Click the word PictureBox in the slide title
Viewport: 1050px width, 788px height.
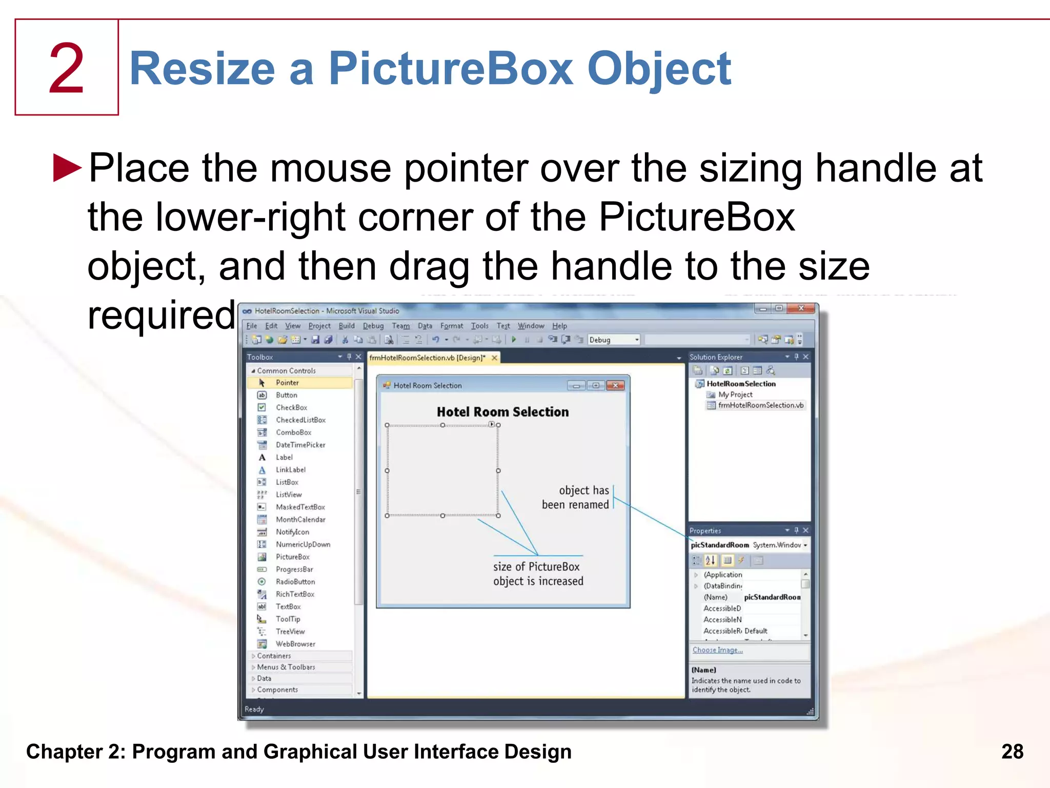pyautogui.click(x=451, y=69)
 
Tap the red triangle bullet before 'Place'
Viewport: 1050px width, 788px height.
pyautogui.click(x=67, y=168)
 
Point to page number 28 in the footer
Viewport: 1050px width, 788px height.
pyautogui.click(x=1012, y=752)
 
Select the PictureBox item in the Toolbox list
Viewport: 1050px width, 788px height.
pyautogui.click(x=292, y=557)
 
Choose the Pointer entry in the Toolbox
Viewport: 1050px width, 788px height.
pyautogui.click(x=287, y=383)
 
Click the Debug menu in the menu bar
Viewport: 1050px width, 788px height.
pyautogui.click(x=373, y=326)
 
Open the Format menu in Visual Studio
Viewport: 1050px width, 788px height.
pyautogui.click(x=451, y=326)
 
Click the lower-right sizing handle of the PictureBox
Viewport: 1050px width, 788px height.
pyautogui.click(x=498, y=516)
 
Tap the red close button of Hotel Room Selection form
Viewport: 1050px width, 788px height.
pyautogui.click(x=615, y=385)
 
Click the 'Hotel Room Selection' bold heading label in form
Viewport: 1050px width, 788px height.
pyautogui.click(x=502, y=412)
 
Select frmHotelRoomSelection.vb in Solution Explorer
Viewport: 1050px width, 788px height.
pyautogui.click(x=760, y=405)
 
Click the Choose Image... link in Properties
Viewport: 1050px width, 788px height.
pyautogui.click(x=717, y=650)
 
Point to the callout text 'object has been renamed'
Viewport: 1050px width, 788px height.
pyautogui.click(x=576, y=497)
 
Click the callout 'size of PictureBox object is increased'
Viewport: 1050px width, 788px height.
pyautogui.click(x=538, y=574)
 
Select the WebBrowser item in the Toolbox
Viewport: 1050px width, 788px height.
pyautogui.click(x=295, y=644)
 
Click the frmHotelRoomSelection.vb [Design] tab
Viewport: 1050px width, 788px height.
pyautogui.click(x=427, y=358)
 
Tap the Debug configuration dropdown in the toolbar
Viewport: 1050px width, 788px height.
pyautogui.click(x=614, y=340)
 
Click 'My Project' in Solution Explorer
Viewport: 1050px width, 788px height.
pyautogui.click(x=735, y=395)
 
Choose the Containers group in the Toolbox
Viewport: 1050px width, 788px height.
pyautogui.click(x=274, y=656)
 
